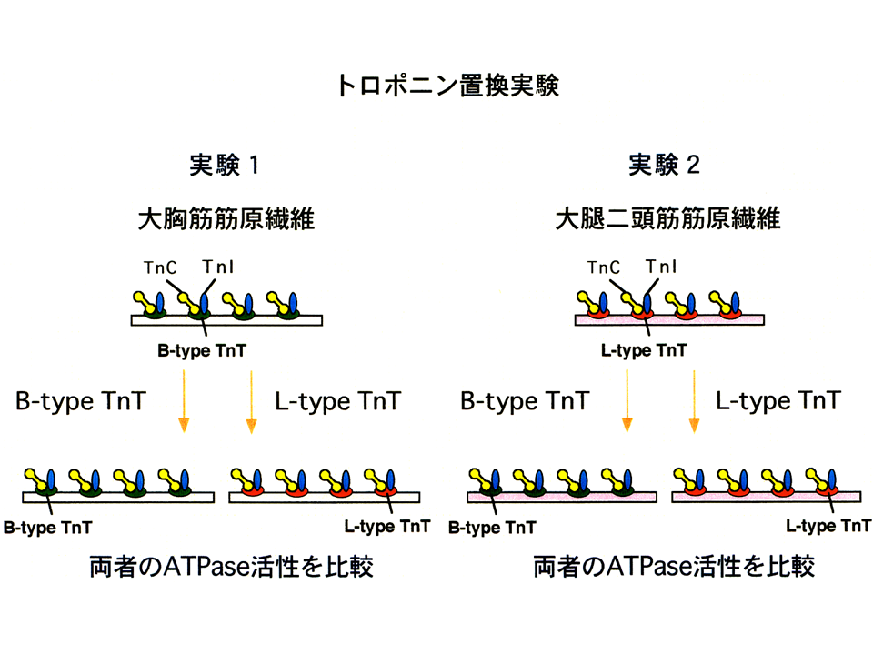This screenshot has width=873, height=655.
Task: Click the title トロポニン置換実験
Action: click(448, 86)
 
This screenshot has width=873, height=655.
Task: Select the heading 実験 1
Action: click(224, 165)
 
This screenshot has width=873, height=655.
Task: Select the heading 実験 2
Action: click(664, 165)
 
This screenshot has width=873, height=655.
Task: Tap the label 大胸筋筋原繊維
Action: click(226, 218)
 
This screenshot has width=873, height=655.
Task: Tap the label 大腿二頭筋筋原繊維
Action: click(668, 217)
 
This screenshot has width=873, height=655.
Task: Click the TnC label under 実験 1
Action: click(160, 267)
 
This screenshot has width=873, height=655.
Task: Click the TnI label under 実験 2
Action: click(661, 267)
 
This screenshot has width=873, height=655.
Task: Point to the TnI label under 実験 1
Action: click(217, 267)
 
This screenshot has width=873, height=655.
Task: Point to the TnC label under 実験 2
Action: click(604, 267)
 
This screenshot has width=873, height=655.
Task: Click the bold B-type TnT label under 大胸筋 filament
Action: click(202, 351)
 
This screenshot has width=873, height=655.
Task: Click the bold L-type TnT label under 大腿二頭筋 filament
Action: click(644, 350)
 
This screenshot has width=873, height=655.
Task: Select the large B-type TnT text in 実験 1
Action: click(81, 401)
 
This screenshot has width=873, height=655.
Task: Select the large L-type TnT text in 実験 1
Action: click(338, 401)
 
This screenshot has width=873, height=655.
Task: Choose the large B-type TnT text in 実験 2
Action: click(525, 401)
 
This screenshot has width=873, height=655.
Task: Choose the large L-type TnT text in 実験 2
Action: click(778, 400)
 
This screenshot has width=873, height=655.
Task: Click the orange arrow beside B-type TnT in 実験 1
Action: click(184, 401)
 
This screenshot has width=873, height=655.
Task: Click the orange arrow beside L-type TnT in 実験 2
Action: click(694, 401)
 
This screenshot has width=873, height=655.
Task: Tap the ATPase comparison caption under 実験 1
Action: click(231, 567)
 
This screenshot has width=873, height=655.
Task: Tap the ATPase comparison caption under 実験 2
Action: click(674, 567)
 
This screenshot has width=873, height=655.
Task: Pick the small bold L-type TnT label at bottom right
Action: click(828, 526)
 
